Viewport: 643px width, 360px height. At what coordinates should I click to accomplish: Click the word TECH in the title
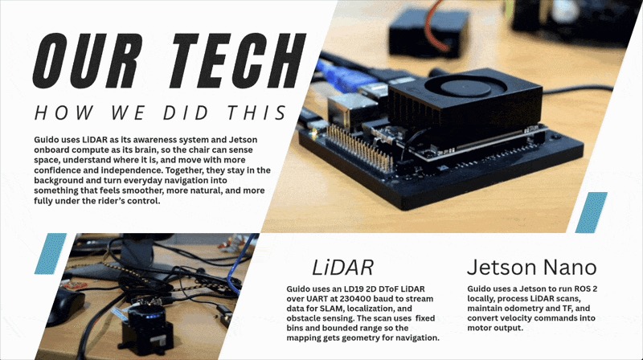point(239,61)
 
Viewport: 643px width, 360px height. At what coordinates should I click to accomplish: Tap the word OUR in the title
point(88,61)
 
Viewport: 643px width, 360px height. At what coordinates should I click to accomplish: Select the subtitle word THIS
point(257,112)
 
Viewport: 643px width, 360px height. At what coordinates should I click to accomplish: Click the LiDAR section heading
point(343,268)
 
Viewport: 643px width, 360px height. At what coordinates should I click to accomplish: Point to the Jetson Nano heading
point(532,268)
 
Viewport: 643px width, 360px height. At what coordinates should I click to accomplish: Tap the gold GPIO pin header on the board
point(358,147)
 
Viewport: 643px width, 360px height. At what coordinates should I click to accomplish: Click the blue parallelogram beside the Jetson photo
point(592,212)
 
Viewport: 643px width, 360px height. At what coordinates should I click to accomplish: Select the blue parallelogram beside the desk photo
point(51,253)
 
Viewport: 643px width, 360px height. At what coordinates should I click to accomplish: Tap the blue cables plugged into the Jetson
point(340,76)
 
